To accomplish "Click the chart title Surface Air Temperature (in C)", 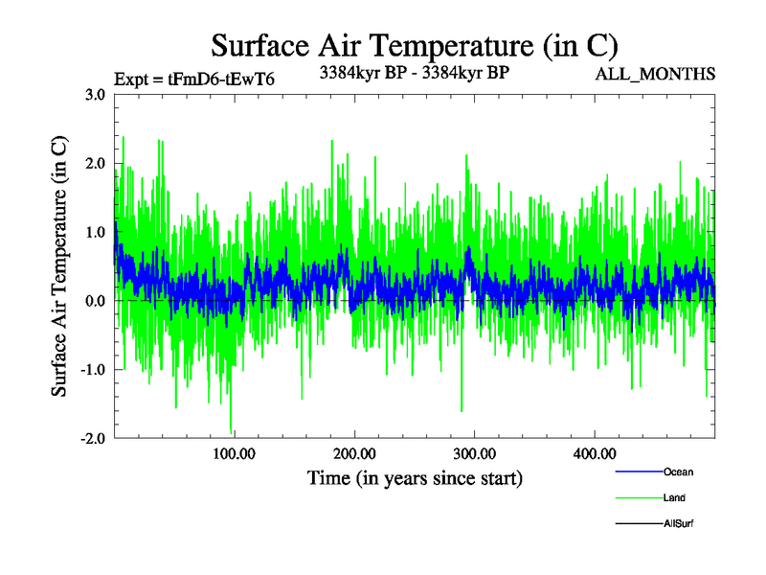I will point(414,45).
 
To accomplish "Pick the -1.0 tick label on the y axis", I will point(92,370).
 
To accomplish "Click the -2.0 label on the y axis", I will point(92,438).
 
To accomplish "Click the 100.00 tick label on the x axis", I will point(234,453).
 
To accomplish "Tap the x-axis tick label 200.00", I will point(354,453).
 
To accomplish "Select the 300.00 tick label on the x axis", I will point(474,453).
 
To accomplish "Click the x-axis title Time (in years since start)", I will point(414,477).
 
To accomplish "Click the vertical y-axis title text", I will point(59,266).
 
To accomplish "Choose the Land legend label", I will point(674,497).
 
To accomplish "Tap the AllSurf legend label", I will point(678,523).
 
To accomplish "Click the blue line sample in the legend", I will point(638,471).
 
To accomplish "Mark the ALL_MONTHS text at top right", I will point(655,74).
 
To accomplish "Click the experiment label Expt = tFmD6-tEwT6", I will point(193,79).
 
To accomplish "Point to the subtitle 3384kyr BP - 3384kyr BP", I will point(413,71).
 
